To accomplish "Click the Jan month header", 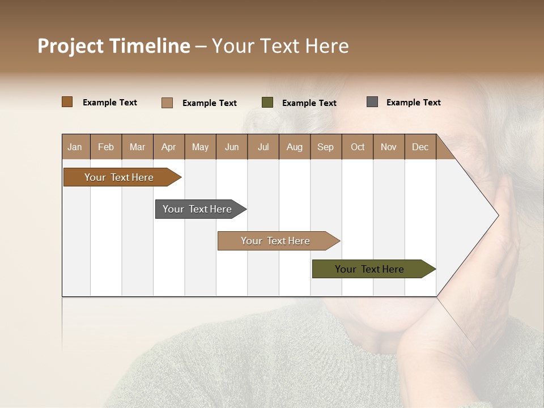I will point(75,147).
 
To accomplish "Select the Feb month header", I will point(106,147).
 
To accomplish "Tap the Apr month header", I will point(168,147).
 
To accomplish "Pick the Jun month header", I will point(232,147).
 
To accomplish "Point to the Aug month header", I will point(294,147).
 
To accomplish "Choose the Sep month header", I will point(325,147).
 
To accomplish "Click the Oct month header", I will point(358,147).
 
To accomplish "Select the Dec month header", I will point(420,147).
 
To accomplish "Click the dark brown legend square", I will point(67,102).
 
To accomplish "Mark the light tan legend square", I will point(167,103).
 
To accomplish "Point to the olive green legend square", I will point(267,103).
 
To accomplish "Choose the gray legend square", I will point(372,102).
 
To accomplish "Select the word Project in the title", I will point(70,46).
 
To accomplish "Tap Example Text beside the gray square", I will point(413,103).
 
